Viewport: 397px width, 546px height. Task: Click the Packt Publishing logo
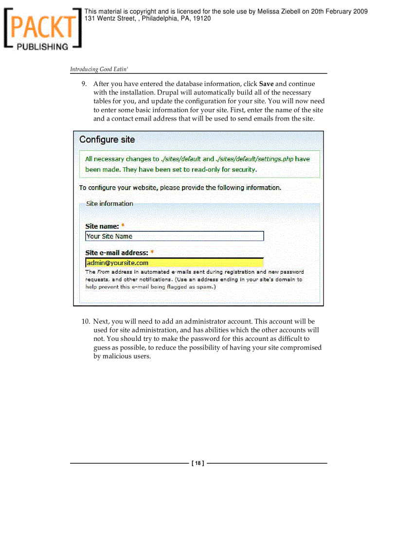(42, 29)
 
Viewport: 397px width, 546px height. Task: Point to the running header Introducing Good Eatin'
(99, 70)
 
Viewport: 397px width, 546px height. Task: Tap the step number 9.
(84, 84)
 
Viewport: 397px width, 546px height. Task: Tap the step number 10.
(86, 321)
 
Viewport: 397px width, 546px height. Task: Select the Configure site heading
(107, 140)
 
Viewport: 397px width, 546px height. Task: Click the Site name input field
(174, 236)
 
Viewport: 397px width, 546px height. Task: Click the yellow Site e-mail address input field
(174, 263)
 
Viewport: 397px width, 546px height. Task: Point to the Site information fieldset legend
(109, 204)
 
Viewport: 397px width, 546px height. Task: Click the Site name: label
(102, 226)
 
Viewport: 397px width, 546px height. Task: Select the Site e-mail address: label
(117, 253)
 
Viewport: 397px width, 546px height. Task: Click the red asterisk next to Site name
(123, 226)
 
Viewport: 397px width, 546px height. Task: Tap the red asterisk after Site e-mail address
(152, 253)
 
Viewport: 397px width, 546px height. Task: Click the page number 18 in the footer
(198, 463)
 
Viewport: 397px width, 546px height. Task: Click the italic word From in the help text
(103, 272)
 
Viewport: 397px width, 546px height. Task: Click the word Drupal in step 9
(168, 92)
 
